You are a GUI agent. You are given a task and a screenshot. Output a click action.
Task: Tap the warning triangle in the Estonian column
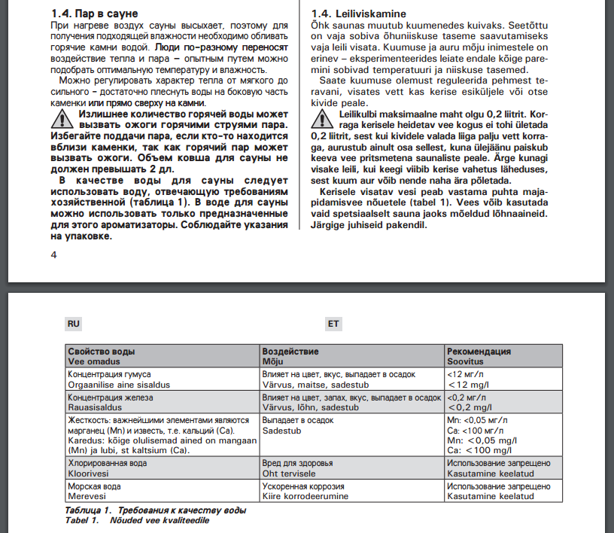[325, 117]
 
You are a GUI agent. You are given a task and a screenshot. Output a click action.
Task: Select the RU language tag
[73, 324]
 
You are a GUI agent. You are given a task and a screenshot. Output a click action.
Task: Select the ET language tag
[333, 324]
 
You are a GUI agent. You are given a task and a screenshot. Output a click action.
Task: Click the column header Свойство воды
[102, 352]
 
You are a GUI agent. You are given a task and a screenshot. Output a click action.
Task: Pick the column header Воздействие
[290, 352]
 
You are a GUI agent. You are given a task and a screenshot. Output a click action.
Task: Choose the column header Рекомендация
[479, 352]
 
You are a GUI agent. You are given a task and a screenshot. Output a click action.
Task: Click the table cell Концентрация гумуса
[110, 374]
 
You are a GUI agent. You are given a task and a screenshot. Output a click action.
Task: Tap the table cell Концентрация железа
[111, 397]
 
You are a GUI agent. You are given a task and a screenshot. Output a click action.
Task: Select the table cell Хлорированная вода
[108, 464]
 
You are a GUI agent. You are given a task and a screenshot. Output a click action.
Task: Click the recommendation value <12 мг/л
[466, 374]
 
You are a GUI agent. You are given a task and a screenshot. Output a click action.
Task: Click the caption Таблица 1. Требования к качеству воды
[156, 510]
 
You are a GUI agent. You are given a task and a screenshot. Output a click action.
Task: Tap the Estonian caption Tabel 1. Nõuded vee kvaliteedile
[137, 520]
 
